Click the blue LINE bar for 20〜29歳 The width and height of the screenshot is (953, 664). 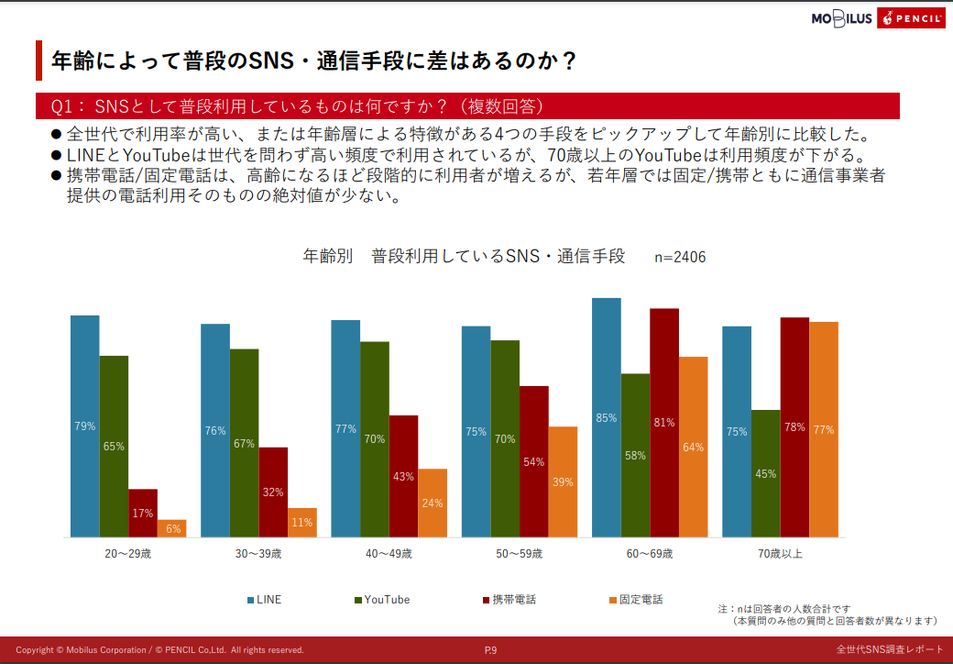(84, 426)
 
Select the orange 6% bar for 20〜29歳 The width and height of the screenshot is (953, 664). (171, 528)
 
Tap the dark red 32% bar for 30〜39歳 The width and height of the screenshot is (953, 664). (273, 492)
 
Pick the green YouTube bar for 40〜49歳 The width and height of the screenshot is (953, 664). (374, 438)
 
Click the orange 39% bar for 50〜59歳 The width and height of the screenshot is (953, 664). (563, 481)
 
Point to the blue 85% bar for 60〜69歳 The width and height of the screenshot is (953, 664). (606, 417)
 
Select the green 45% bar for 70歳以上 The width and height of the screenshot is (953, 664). (765, 473)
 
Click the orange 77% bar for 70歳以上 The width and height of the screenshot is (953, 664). (823, 429)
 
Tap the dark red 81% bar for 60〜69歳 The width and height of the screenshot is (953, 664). (664, 423)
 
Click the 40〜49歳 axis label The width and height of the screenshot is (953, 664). (389, 554)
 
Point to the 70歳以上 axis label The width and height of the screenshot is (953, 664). (780, 554)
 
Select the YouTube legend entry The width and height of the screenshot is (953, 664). (381, 600)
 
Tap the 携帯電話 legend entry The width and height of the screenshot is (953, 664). (509, 600)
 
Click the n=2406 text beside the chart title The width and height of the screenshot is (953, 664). (680, 258)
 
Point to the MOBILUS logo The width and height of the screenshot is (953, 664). (841, 18)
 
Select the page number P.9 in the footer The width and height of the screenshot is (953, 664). (490, 650)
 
